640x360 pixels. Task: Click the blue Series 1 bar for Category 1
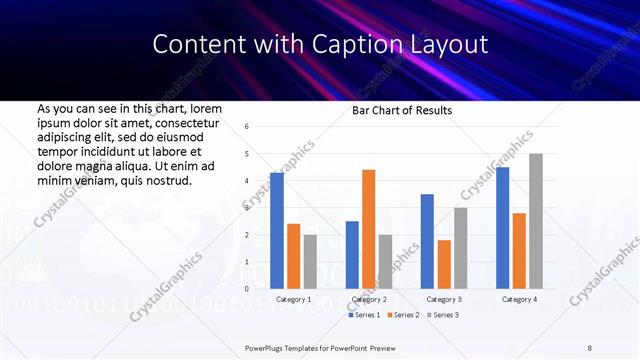coord(277,230)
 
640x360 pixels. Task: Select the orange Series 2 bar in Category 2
coord(368,229)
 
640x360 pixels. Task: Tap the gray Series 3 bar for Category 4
coord(536,221)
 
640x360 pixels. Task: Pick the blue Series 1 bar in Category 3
coord(427,241)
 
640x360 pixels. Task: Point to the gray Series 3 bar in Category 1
coord(310,261)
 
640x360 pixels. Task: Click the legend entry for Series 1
coord(365,315)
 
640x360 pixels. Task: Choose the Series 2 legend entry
coord(402,315)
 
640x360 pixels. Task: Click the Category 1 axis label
coord(293,299)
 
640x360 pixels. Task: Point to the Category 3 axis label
coord(444,299)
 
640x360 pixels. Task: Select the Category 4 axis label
coord(519,299)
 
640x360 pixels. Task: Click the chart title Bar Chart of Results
coord(402,110)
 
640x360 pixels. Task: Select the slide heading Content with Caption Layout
coord(320,44)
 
